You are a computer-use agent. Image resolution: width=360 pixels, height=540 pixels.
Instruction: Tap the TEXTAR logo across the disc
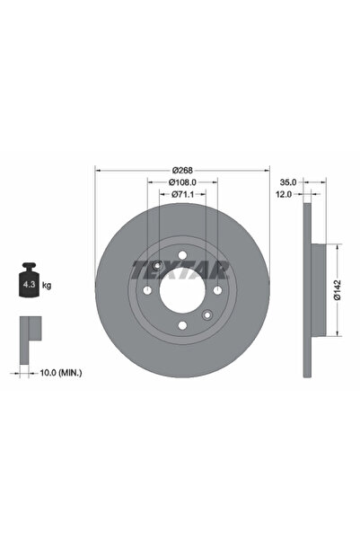pyautogui.click(x=181, y=268)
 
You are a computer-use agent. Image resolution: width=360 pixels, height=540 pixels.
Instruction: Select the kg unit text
pyautogui.click(x=47, y=285)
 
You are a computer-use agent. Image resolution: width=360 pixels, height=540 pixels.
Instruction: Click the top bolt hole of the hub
pyautogui.click(x=182, y=255)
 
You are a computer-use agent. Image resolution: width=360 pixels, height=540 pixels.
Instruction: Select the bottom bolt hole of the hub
pyautogui.click(x=182, y=326)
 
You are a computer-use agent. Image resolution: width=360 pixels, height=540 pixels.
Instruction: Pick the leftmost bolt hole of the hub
pyautogui.click(x=147, y=291)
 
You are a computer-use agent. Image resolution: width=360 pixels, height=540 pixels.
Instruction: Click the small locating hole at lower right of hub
pyautogui.click(x=207, y=315)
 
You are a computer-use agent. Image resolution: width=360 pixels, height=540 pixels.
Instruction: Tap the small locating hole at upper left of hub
pyautogui.click(x=157, y=266)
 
